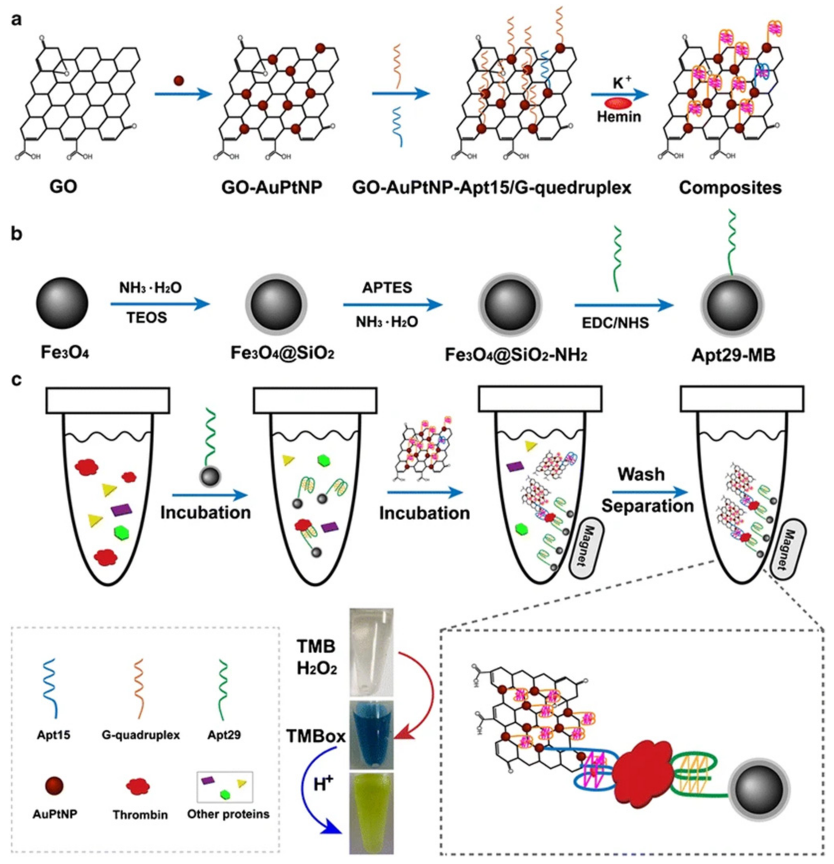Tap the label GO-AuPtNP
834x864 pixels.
(x=272, y=187)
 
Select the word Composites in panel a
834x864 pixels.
(x=730, y=187)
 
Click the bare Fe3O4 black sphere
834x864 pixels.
(x=62, y=303)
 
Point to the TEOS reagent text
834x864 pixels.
(x=147, y=317)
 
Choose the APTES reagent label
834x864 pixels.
(x=387, y=288)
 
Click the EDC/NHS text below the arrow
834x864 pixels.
(x=615, y=323)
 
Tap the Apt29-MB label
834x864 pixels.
(x=733, y=355)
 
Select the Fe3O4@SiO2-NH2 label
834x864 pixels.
(x=516, y=355)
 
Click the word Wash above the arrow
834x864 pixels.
(x=641, y=474)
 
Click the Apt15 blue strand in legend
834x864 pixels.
(x=53, y=688)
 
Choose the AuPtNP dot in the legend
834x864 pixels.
(x=54, y=786)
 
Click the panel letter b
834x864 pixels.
(x=16, y=234)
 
